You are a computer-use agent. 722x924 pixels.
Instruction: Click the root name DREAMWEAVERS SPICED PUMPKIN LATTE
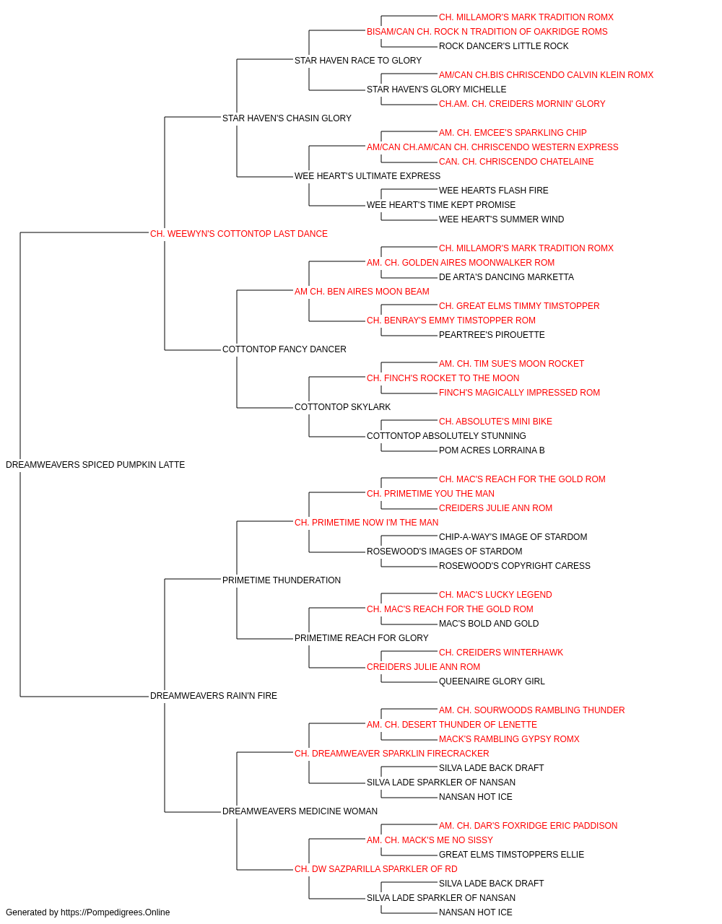pos(95,465)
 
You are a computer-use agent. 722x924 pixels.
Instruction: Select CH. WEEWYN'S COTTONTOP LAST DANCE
pos(238,234)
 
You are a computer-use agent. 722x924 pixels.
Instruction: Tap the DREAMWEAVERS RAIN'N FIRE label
pos(214,696)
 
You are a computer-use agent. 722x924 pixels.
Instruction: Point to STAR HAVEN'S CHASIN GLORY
pos(287,118)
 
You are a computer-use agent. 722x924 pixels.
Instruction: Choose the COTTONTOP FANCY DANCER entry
pos(284,349)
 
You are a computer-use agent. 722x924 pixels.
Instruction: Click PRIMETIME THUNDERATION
pos(281,580)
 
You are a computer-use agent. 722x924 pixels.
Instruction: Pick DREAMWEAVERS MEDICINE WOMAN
pos(300,811)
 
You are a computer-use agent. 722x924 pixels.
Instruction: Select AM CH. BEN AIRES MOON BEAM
pos(362,291)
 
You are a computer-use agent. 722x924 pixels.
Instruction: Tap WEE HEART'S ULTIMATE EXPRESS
pos(367,176)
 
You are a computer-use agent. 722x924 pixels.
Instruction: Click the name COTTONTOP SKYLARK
pos(342,407)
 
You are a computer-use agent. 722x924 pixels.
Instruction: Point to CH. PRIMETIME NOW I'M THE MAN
pos(366,522)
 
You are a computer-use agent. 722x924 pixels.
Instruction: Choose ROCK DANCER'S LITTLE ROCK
pos(503,46)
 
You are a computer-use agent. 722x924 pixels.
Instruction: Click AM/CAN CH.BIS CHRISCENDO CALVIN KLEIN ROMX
pos(546,75)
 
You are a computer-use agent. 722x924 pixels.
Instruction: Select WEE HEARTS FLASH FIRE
pos(493,191)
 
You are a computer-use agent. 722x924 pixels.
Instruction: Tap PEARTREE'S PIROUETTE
pos(492,335)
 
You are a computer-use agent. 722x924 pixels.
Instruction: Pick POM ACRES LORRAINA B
pos(492,450)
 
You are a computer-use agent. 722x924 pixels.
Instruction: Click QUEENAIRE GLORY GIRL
pos(492,681)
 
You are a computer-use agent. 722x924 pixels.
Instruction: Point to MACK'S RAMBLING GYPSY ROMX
pos(509,739)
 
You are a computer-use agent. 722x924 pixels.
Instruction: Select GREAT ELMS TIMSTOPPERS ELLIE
pos(511,854)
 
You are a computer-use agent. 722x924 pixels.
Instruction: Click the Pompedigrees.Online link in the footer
pos(115,912)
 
